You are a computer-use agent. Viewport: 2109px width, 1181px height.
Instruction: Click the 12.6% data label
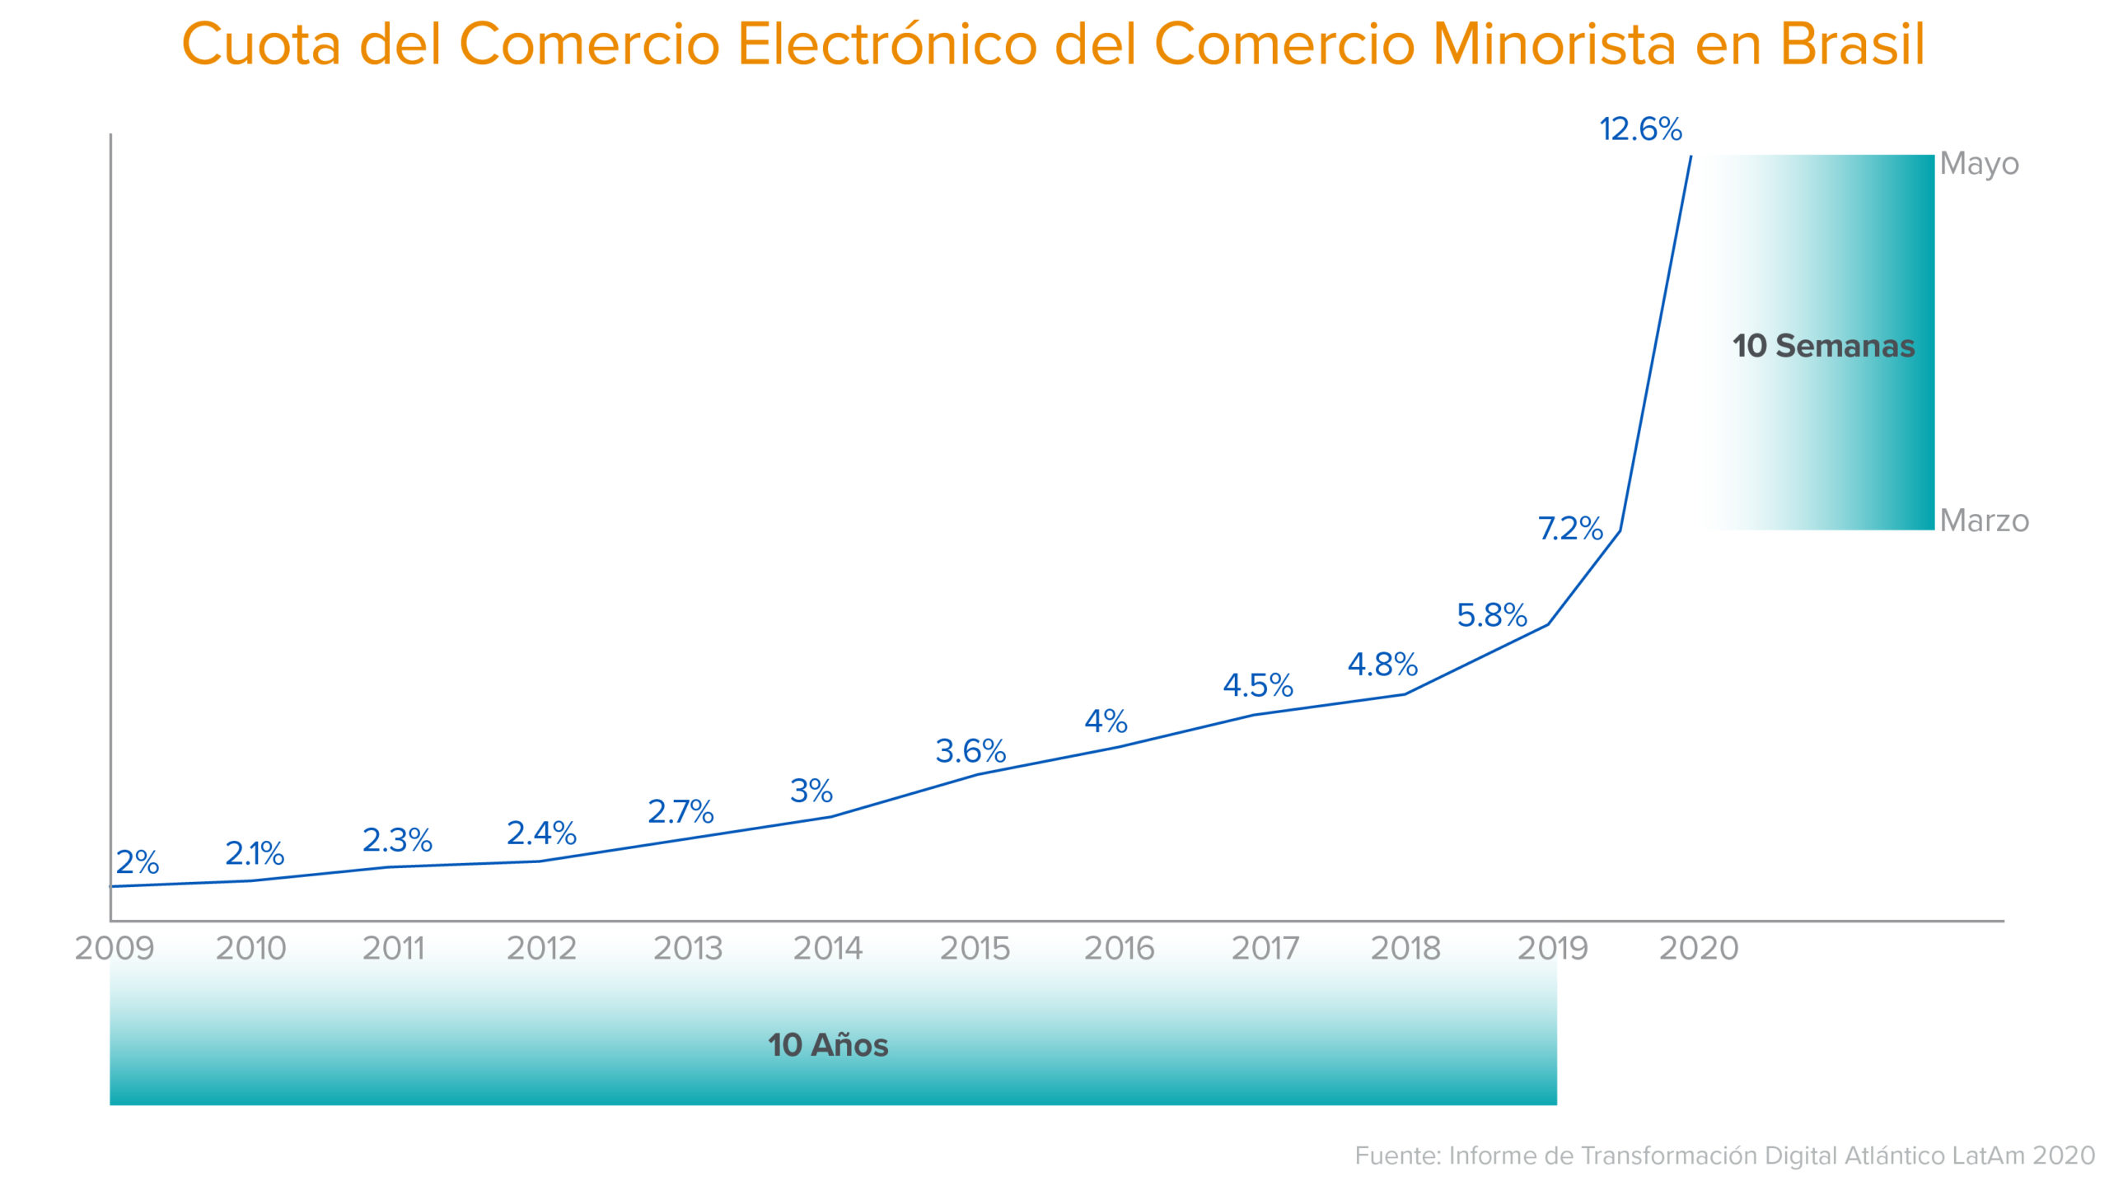(1640, 129)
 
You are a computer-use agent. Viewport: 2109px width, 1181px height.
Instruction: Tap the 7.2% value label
(1570, 528)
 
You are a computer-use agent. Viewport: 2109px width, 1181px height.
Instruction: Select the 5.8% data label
(1492, 615)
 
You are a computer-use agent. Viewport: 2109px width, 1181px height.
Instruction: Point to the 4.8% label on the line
(1382, 664)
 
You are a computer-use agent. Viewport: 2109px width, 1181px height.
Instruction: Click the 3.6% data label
(970, 751)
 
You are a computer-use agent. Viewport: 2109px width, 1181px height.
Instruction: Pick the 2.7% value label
(680, 812)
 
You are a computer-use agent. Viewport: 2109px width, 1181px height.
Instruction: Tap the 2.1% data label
(255, 854)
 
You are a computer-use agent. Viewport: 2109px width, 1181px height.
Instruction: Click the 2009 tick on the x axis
(115, 949)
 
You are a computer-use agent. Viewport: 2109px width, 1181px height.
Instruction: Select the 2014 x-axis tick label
(828, 949)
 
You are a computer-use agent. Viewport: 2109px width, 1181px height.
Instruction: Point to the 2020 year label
(1699, 949)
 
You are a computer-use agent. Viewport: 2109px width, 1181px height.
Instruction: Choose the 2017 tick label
(1265, 949)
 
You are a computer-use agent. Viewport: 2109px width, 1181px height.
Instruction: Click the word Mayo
(1979, 164)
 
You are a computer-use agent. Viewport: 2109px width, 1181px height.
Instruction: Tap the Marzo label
(1984, 520)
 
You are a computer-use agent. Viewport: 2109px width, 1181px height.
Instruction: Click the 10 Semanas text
(1823, 346)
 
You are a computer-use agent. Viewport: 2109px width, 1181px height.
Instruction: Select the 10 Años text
(828, 1045)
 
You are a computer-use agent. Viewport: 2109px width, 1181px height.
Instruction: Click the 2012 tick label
(541, 949)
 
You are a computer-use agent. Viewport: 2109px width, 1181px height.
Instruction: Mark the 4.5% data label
(1258, 685)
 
